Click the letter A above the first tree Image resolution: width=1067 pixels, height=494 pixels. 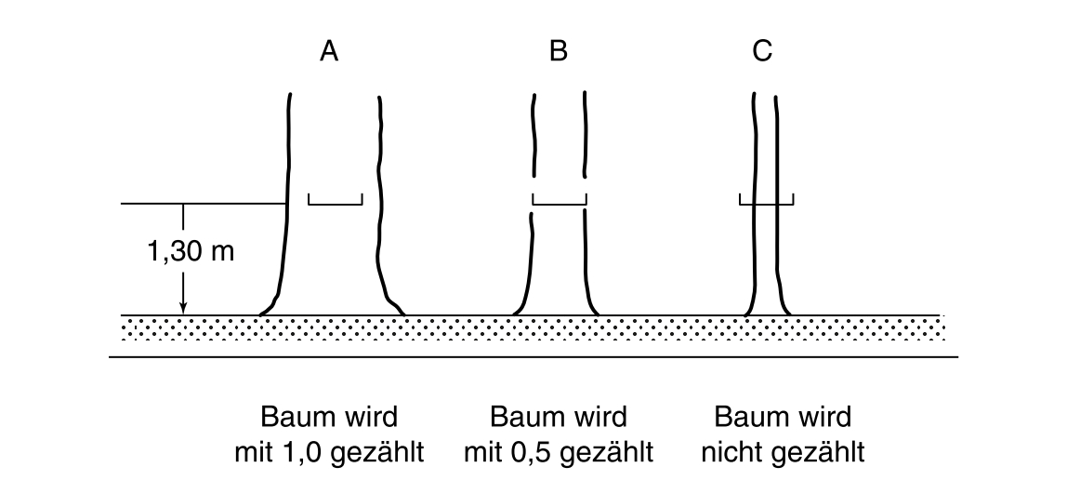pyautogui.click(x=329, y=52)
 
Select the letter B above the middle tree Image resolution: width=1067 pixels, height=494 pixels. pyautogui.click(x=558, y=52)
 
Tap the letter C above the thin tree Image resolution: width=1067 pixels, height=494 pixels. pyautogui.click(x=762, y=52)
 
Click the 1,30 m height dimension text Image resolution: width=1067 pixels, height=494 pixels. pyautogui.click(x=191, y=253)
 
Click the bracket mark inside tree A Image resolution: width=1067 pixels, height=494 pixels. pyautogui.click(x=335, y=200)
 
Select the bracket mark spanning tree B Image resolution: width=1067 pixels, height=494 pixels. pyautogui.click(x=560, y=200)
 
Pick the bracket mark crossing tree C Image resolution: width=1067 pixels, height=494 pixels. pyautogui.click(x=766, y=200)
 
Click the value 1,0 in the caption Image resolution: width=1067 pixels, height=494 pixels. pyautogui.click(x=304, y=453)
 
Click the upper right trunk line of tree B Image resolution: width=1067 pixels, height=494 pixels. pyautogui.click(x=585, y=130)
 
